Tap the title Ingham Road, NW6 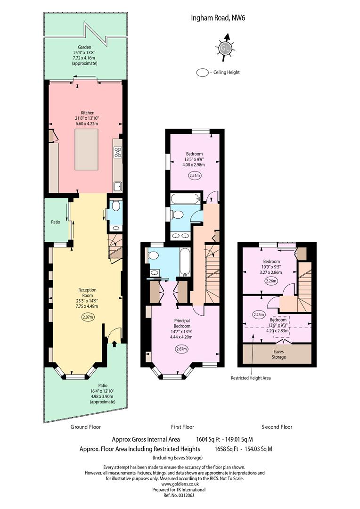218,18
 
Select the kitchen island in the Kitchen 87,149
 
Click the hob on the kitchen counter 117,152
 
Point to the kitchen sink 118,186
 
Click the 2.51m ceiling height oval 195,176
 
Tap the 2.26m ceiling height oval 271,281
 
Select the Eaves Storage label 278,354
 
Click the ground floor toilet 115,206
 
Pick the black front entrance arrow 114,344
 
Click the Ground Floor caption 86,427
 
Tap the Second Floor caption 277,427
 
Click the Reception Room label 87,293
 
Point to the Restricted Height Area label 251,378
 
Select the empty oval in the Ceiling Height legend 203,73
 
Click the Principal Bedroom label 182,323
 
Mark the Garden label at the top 84,48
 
